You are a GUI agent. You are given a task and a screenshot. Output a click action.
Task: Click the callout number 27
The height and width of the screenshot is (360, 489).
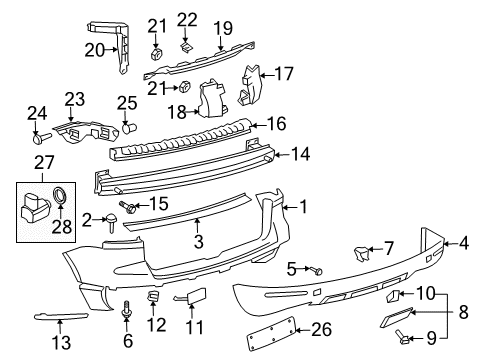[44, 163]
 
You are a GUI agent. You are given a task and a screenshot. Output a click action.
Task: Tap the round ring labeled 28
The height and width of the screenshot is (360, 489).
[60, 195]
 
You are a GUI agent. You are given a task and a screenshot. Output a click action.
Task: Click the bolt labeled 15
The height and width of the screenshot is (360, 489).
[127, 207]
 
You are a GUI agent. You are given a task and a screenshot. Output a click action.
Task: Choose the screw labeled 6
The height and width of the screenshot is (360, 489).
[126, 309]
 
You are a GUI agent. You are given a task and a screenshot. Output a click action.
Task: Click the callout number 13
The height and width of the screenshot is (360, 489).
[61, 343]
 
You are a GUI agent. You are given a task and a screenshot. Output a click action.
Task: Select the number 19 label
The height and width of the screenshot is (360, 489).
[223, 28]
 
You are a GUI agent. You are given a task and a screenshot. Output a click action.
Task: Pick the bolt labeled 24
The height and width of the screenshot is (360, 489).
[41, 138]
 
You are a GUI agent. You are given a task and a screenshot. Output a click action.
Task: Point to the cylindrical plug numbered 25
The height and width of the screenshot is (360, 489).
[129, 127]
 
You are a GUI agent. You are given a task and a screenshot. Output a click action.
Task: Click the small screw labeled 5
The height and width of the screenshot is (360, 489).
[316, 271]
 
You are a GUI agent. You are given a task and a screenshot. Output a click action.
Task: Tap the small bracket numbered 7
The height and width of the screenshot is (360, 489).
[361, 253]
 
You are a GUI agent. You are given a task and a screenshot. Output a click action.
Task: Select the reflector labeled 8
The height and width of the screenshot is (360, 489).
[396, 317]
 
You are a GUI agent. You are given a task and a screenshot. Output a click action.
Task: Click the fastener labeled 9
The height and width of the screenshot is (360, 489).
[403, 337]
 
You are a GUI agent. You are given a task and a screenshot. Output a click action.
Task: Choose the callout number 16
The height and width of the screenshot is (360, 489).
[277, 124]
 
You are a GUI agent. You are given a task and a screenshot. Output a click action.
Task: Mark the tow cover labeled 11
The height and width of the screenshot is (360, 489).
[193, 295]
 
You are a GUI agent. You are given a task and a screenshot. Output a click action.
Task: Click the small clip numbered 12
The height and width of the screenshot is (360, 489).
[153, 296]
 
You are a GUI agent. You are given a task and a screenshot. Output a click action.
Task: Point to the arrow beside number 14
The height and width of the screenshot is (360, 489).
[282, 154]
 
